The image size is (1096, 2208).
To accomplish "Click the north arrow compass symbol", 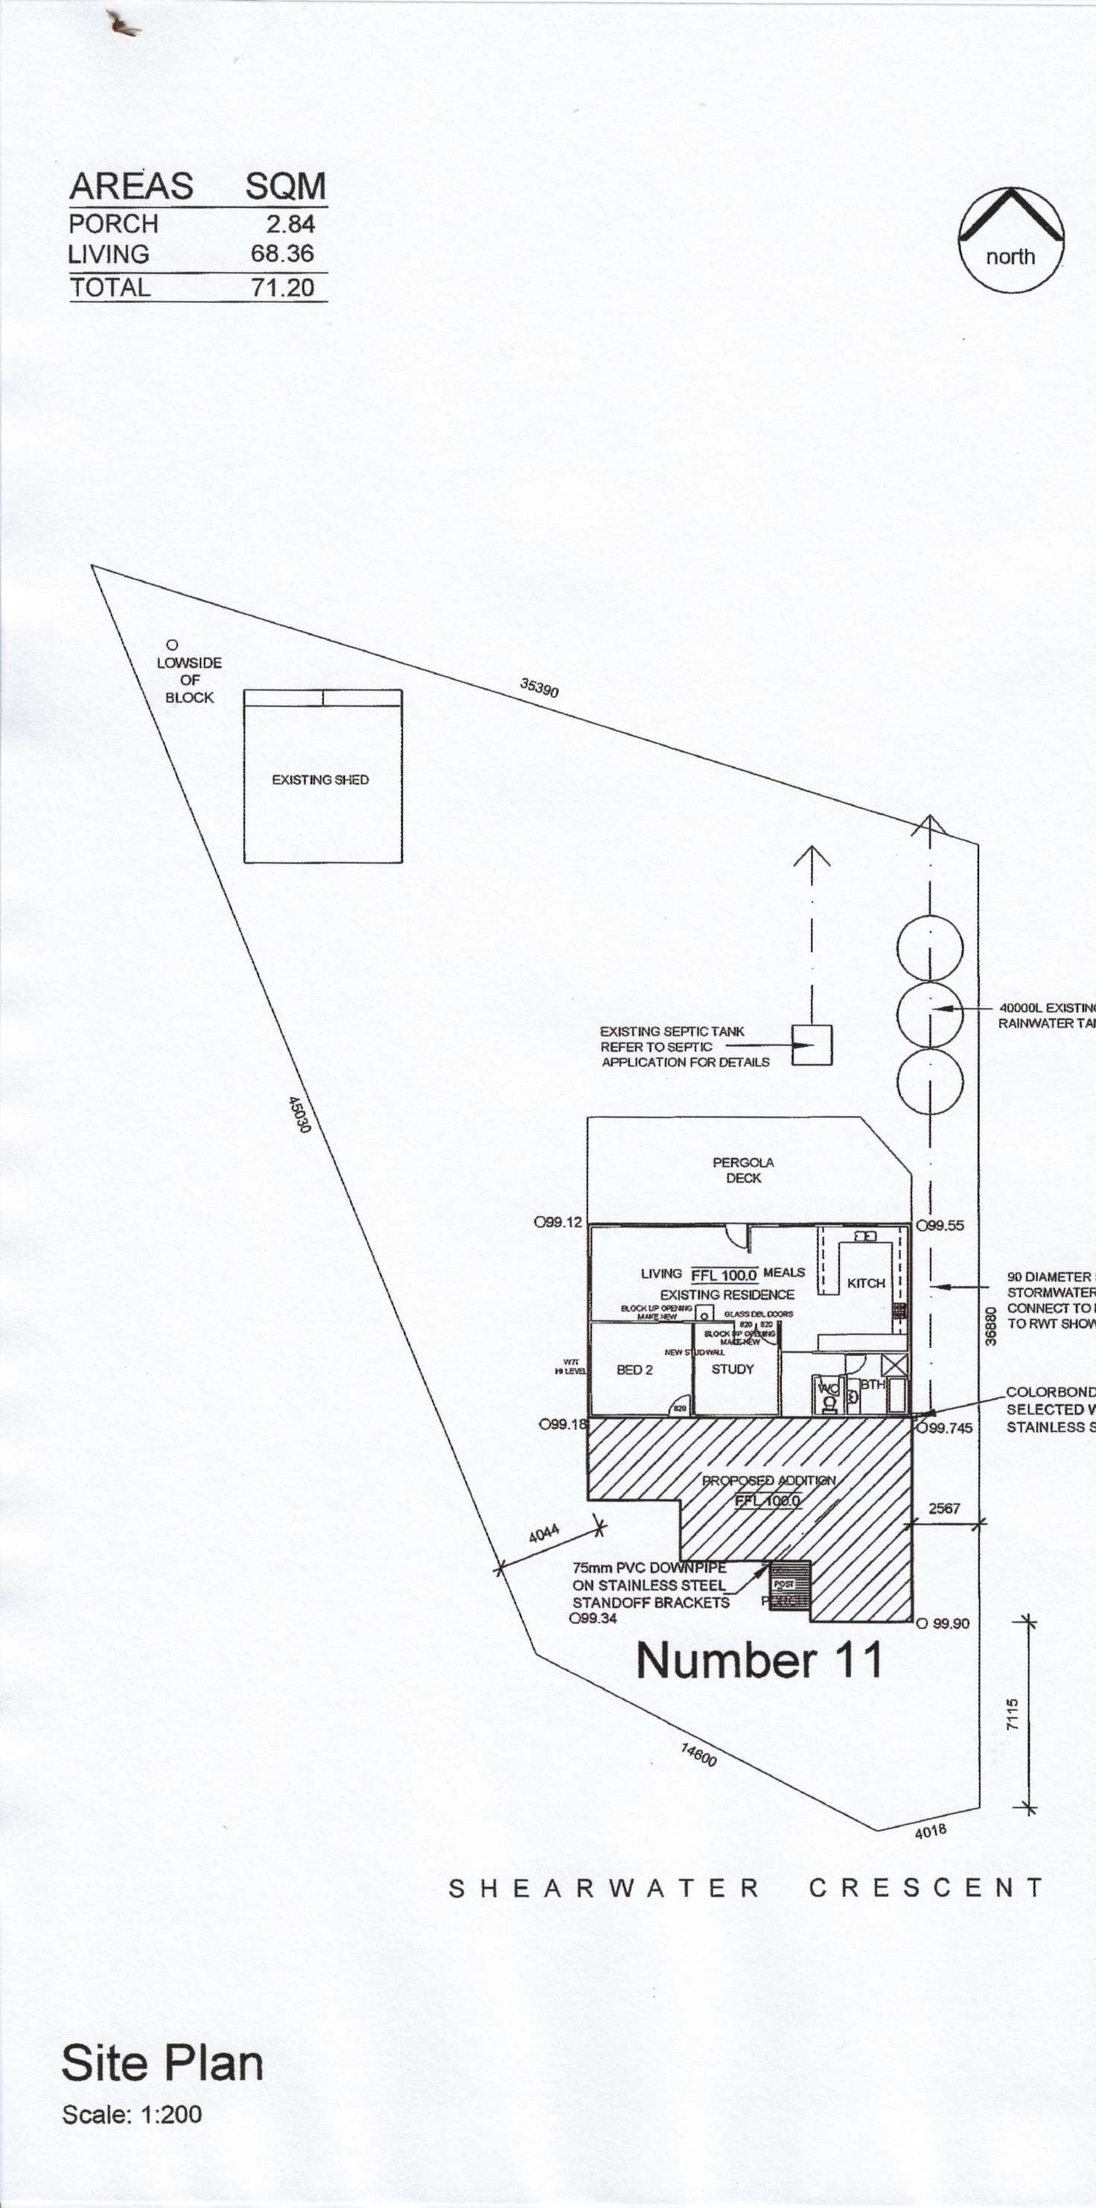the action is (1011, 240).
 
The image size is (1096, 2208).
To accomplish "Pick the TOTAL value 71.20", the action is (283, 288).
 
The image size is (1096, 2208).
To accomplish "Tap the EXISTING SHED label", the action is (319, 780).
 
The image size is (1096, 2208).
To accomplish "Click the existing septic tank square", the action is (811, 1045).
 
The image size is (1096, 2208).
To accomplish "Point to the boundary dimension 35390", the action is (539, 687).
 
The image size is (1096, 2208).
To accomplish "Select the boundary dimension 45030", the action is (299, 1114).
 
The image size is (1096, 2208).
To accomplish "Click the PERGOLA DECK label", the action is (743, 1170).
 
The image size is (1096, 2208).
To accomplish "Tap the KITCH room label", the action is (865, 1283).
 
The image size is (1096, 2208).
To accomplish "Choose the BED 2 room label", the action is (634, 1369).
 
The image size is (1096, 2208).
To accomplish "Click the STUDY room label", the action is (733, 1369).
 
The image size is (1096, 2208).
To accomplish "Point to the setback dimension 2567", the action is (944, 1508).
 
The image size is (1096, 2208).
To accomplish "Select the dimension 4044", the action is (544, 1533).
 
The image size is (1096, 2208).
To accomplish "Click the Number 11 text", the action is (759, 1661).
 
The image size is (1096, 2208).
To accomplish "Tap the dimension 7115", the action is (1013, 1714).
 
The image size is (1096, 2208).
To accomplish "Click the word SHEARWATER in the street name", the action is (604, 1889).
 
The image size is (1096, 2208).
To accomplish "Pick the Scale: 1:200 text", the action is (132, 2115).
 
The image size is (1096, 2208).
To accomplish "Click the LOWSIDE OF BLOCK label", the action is (189, 680).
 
